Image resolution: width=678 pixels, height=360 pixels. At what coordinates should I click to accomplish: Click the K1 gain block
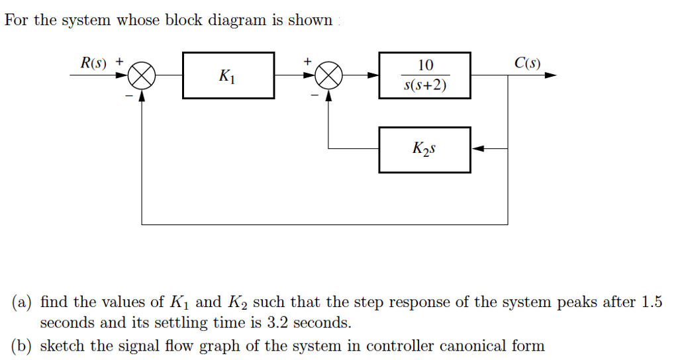tap(228, 76)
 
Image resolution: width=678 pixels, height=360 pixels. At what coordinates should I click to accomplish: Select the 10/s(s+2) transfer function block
tap(424, 76)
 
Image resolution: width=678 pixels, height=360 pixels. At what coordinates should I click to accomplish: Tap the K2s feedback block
tap(424, 150)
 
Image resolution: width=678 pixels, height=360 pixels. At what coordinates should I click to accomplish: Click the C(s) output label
tap(527, 64)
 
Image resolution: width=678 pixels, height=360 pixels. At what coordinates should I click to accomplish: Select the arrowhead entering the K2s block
tap(478, 150)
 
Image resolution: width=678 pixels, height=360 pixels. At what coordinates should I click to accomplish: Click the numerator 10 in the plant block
tap(425, 65)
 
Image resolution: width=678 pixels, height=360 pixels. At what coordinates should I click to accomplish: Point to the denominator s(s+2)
tap(425, 87)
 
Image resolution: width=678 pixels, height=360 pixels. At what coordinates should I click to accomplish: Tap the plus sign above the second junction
tap(307, 61)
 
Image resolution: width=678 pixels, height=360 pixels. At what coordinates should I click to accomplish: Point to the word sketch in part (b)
tap(60, 346)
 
